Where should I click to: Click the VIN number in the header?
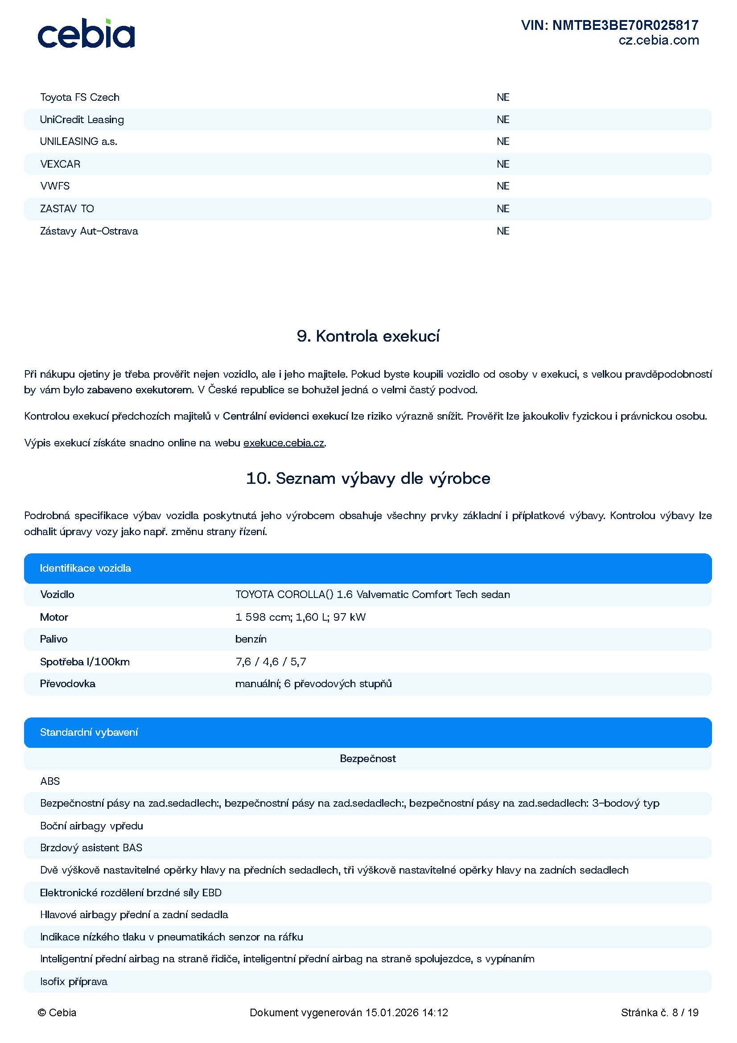[x=609, y=25]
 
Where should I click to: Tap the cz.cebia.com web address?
[x=659, y=41]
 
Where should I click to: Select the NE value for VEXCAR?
[x=502, y=164]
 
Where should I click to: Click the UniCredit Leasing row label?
[x=82, y=120]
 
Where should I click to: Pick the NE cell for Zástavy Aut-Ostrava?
[x=502, y=231]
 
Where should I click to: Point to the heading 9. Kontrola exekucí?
[x=368, y=336]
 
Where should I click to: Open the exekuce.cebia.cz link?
[x=284, y=443]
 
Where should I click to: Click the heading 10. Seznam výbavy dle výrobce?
[x=368, y=478]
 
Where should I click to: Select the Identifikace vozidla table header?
[x=85, y=568]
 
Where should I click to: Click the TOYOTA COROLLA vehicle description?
[x=372, y=595]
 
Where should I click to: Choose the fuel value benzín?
[x=251, y=639]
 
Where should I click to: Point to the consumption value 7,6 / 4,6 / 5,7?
[x=271, y=661]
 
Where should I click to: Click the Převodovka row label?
[x=68, y=684]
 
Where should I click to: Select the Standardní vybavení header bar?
[x=89, y=732]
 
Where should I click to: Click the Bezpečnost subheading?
[x=368, y=759]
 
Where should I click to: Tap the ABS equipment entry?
[x=50, y=781]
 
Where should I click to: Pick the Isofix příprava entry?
[x=74, y=981]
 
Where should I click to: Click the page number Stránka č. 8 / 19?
[x=659, y=1013]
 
